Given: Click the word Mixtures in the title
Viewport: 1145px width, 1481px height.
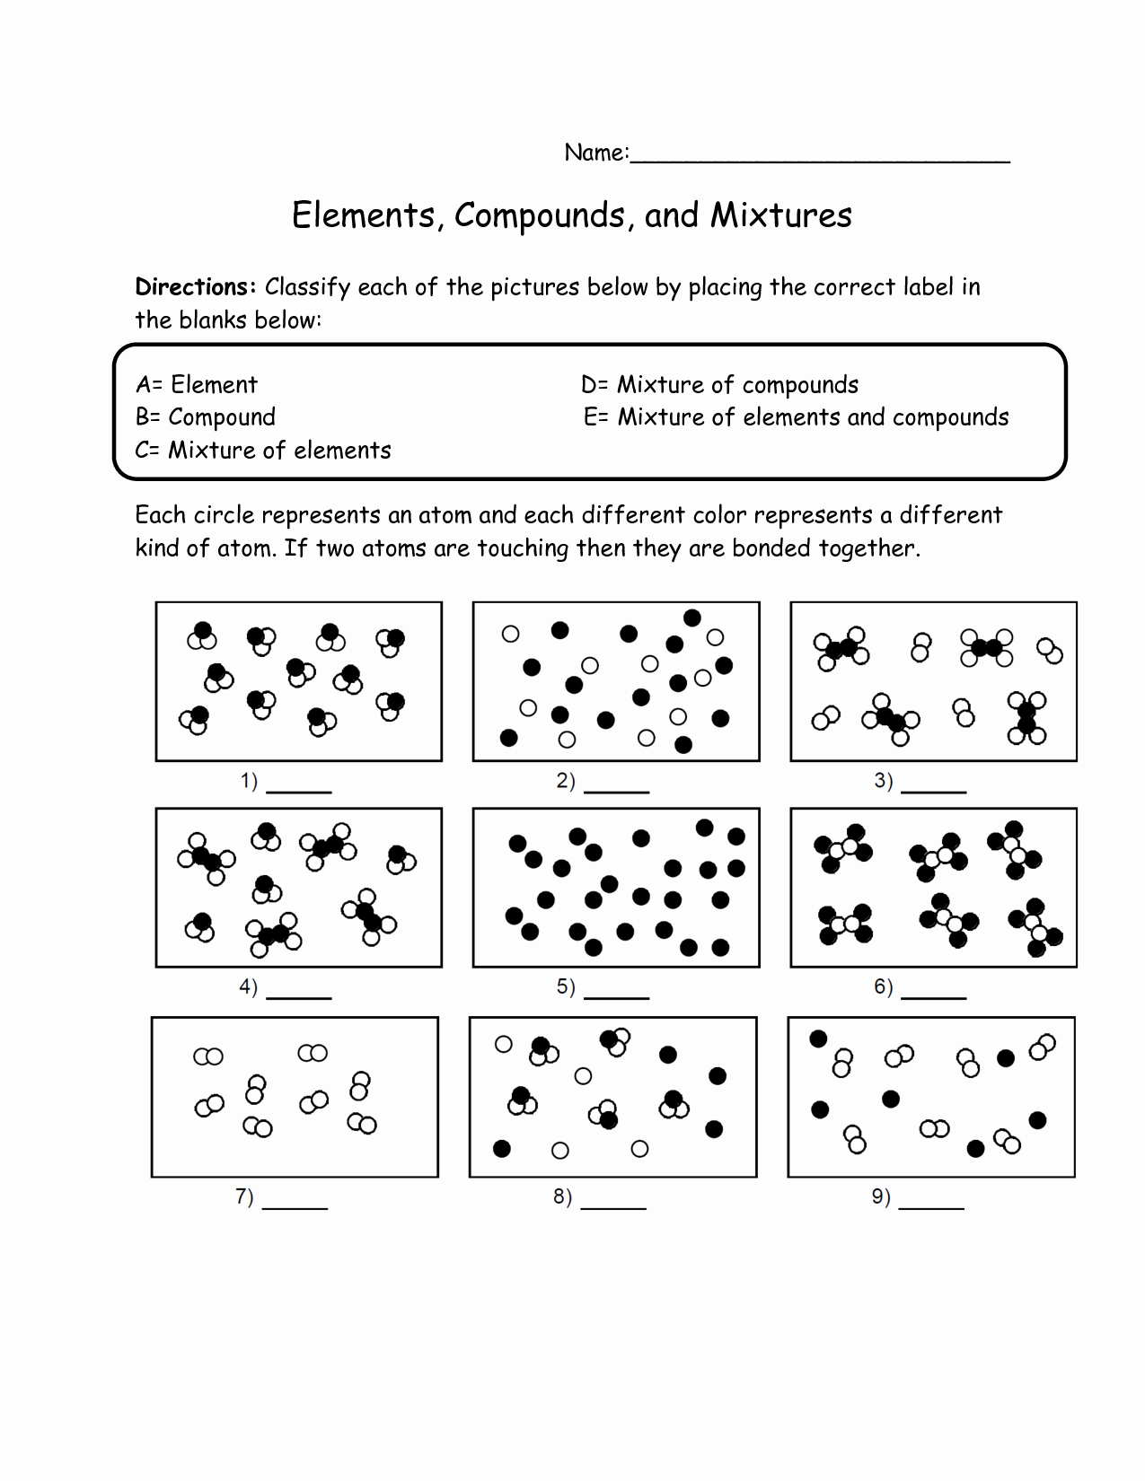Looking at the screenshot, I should [x=780, y=215].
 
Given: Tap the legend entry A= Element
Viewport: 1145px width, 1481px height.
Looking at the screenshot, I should [x=197, y=385].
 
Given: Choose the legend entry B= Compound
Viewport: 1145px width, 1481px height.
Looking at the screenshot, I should [x=206, y=417].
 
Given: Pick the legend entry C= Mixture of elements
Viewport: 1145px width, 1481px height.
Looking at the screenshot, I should [x=263, y=451].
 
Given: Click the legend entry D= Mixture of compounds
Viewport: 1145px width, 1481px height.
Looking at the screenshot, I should [x=719, y=385].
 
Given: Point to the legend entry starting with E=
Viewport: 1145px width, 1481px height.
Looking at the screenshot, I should [x=796, y=417].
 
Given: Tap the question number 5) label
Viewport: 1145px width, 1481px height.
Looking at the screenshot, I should [x=566, y=987].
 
